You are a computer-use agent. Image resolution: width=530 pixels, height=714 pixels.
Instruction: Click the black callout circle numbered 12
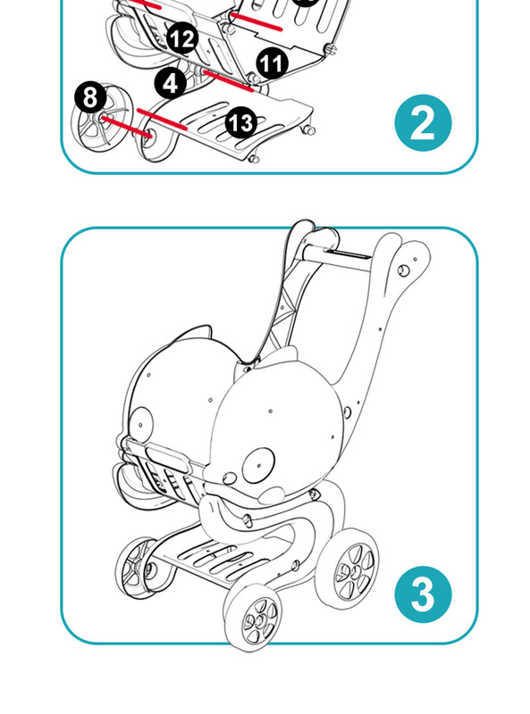pyautogui.click(x=182, y=38)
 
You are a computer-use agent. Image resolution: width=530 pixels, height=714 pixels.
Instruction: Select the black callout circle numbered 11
pyautogui.click(x=273, y=63)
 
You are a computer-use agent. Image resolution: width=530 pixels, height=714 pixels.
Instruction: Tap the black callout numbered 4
pyautogui.click(x=171, y=83)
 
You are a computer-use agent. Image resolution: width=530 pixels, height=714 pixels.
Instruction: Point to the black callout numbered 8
pyautogui.click(x=91, y=97)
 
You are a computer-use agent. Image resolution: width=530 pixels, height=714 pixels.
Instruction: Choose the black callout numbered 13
pyautogui.click(x=240, y=122)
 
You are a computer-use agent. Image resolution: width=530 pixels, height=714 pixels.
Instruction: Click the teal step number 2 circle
pyautogui.click(x=423, y=123)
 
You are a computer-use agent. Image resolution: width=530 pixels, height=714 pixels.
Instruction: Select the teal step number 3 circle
pyautogui.click(x=423, y=594)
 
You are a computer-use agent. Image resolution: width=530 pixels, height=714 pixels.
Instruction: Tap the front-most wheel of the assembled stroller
pyautogui.click(x=254, y=617)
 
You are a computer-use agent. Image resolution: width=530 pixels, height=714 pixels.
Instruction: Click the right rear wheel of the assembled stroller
pyautogui.click(x=348, y=568)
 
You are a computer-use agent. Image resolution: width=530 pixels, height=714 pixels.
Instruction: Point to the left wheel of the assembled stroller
pyautogui.click(x=137, y=568)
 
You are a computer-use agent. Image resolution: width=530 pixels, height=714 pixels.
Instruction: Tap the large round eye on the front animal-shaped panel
pyautogui.click(x=259, y=465)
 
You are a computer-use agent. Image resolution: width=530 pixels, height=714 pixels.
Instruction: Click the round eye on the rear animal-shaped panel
pyautogui.click(x=141, y=425)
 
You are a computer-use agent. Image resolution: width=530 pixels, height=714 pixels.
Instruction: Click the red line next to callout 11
pyautogui.click(x=228, y=81)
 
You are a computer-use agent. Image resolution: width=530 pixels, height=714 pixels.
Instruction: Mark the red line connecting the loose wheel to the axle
pyautogui.click(x=126, y=127)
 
